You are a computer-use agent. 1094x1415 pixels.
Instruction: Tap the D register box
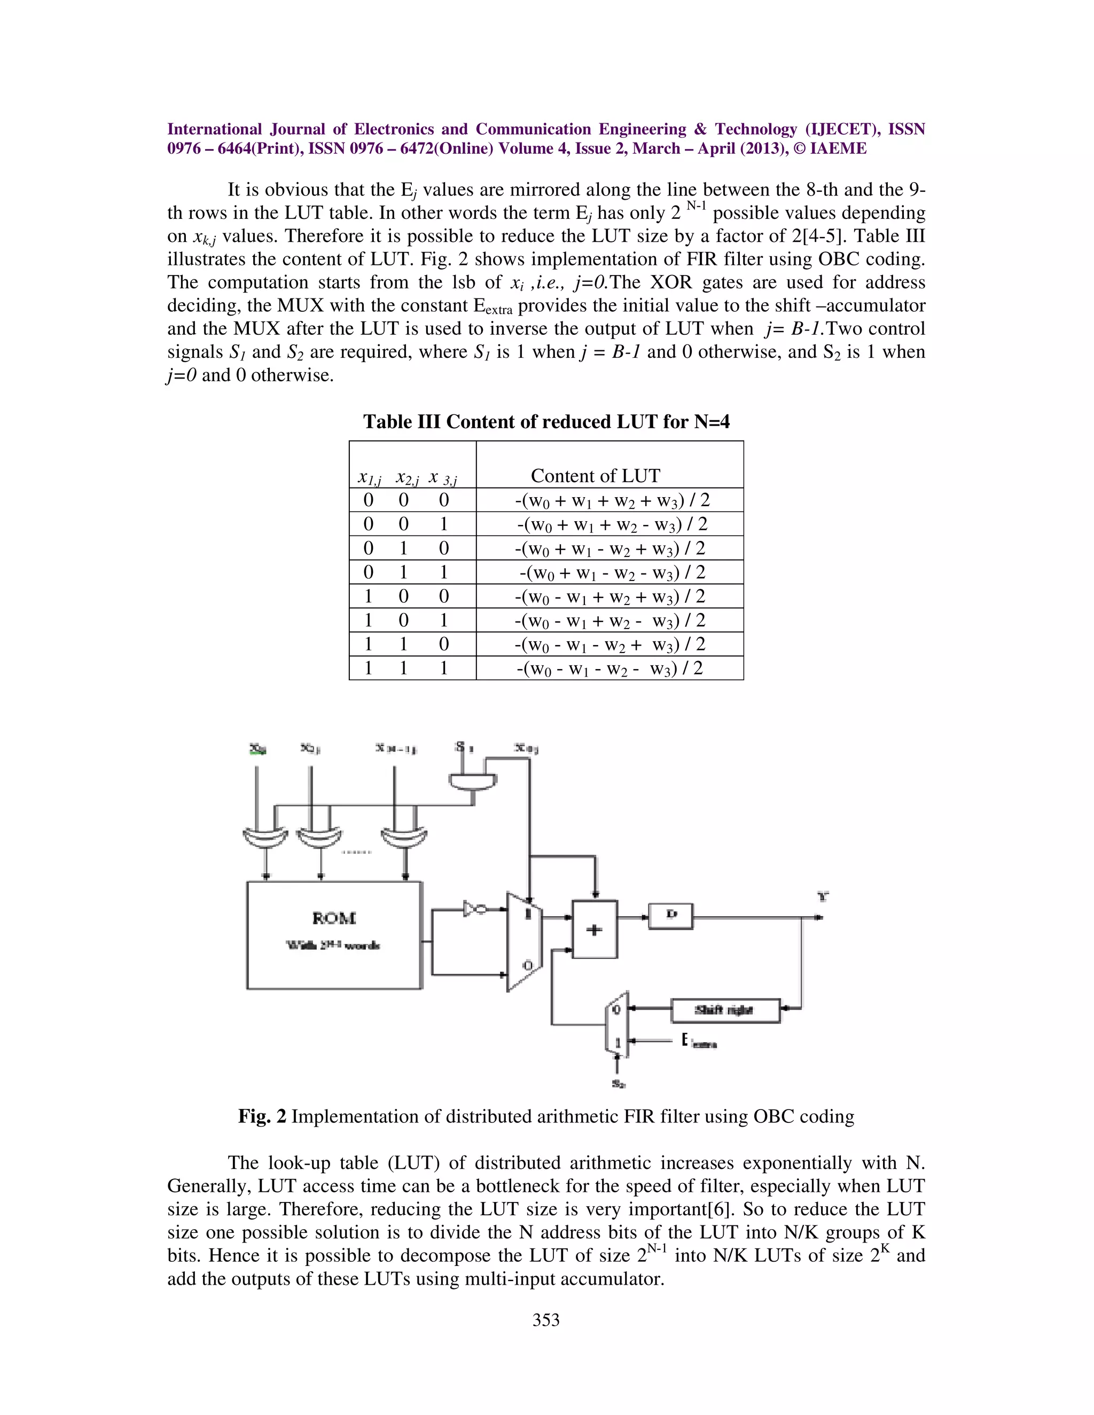coord(671,915)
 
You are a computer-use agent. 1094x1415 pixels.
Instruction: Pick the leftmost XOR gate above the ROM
coord(264,838)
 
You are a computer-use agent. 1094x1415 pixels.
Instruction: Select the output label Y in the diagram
coord(823,897)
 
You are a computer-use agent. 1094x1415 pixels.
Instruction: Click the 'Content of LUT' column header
coord(595,476)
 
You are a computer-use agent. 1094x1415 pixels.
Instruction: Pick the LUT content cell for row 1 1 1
coord(609,668)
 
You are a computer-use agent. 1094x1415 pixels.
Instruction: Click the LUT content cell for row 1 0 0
coord(609,596)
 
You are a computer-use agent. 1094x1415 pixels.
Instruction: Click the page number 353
coord(546,1320)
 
